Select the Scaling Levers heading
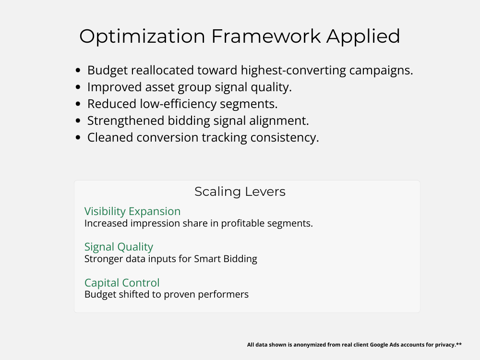tap(240, 192)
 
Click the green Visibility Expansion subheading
tap(132, 211)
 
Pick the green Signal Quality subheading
tap(119, 247)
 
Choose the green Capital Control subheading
tap(122, 282)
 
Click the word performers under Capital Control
tap(224, 294)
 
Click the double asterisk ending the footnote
tap(459, 344)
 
